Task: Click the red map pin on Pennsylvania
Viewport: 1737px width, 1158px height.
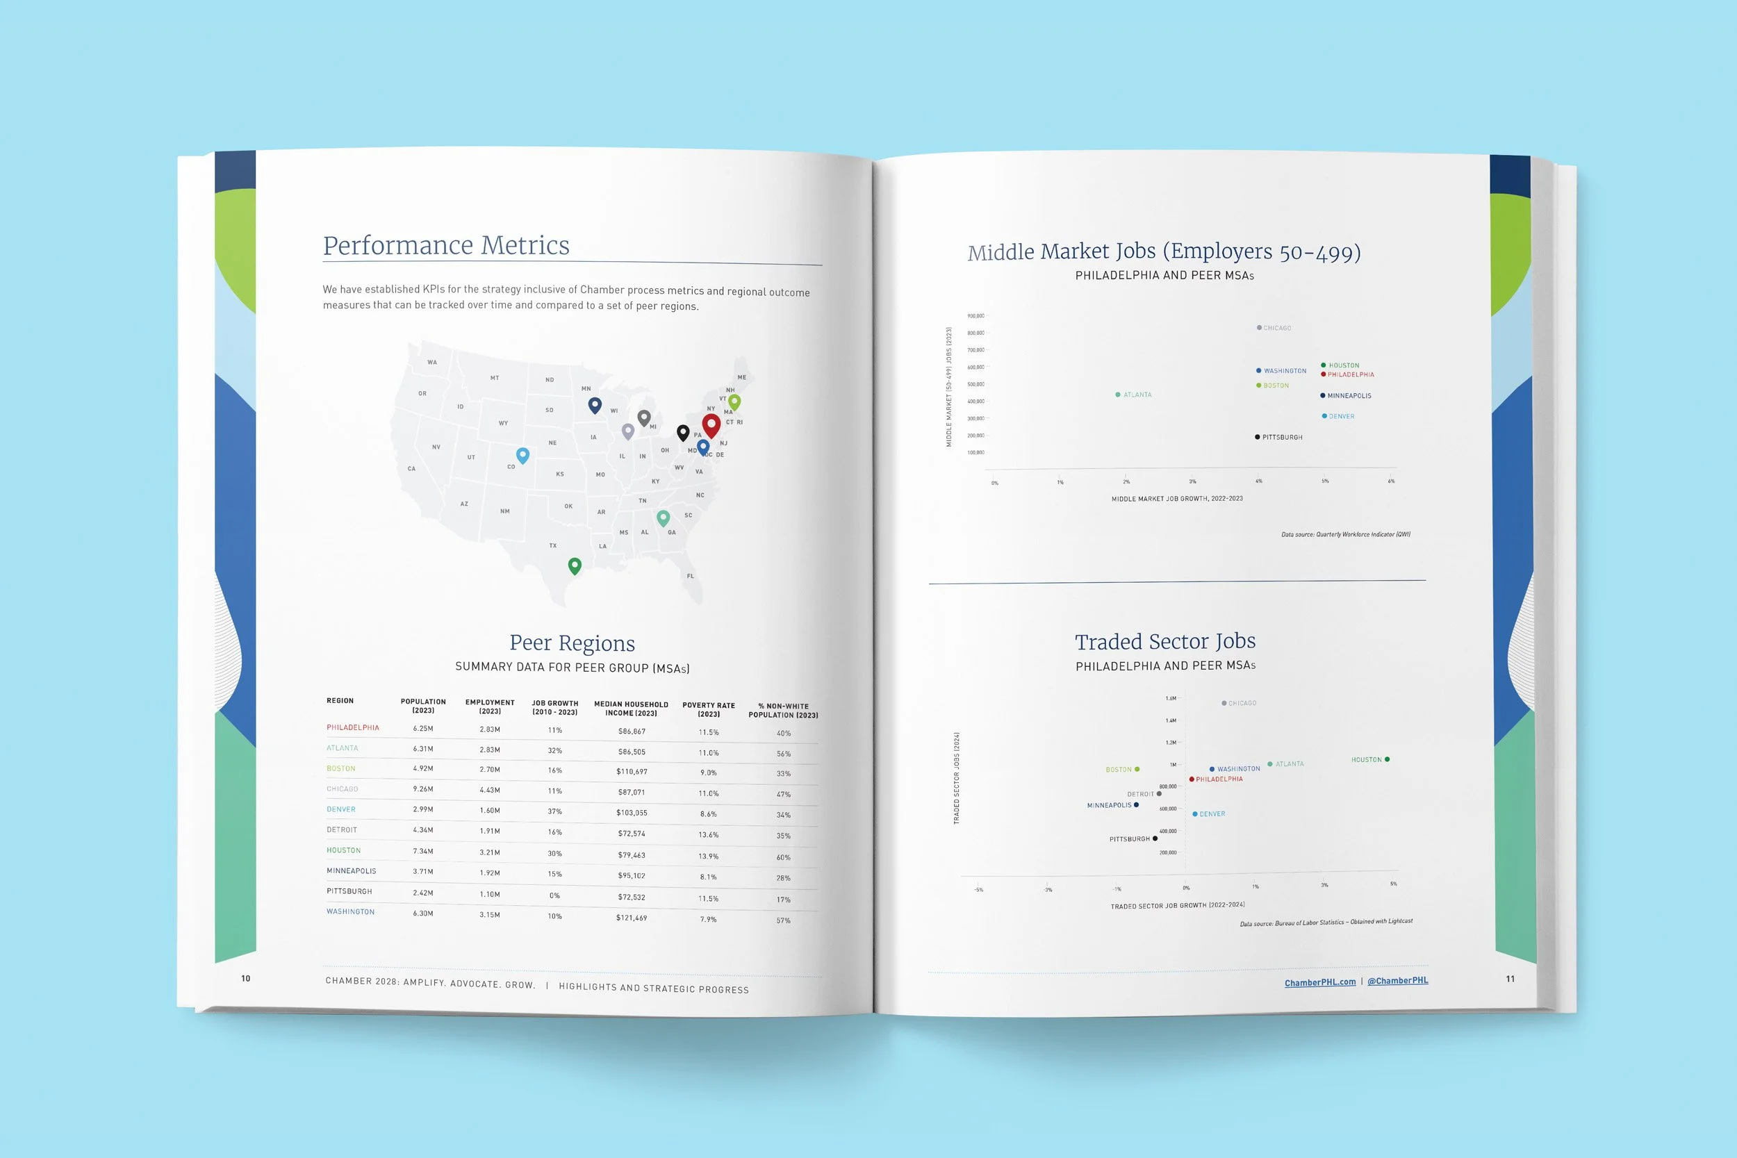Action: click(711, 424)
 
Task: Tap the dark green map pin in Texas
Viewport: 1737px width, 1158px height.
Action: click(575, 565)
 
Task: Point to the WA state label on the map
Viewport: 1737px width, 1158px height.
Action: click(432, 362)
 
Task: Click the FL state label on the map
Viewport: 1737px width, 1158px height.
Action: click(691, 576)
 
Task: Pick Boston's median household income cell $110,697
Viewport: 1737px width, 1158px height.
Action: click(632, 772)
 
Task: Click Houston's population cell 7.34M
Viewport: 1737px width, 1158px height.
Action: click(423, 851)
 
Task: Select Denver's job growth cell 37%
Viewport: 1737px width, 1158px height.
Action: click(554, 811)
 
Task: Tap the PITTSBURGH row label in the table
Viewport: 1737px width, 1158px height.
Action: click(349, 891)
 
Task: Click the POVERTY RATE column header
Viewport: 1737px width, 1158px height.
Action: click(708, 710)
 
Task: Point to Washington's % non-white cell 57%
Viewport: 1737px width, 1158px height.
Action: click(784, 921)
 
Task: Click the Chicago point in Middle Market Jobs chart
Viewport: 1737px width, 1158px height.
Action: click(1259, 328)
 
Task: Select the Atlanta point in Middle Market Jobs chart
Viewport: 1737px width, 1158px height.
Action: click(1117, 395)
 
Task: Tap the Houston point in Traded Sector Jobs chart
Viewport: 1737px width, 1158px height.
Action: click(1387, 759)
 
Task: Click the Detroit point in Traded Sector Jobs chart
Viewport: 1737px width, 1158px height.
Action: click(1159, 794)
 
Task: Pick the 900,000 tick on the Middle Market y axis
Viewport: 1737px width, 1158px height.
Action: click(975, 316)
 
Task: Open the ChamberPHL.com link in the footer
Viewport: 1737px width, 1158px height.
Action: click(1319, 982)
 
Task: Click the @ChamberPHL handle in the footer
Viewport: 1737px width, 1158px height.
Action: click(1397, 981)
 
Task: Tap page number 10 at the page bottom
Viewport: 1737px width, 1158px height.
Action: click(246, 979)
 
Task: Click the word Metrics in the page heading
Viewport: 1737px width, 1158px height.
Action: click(525, 245)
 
